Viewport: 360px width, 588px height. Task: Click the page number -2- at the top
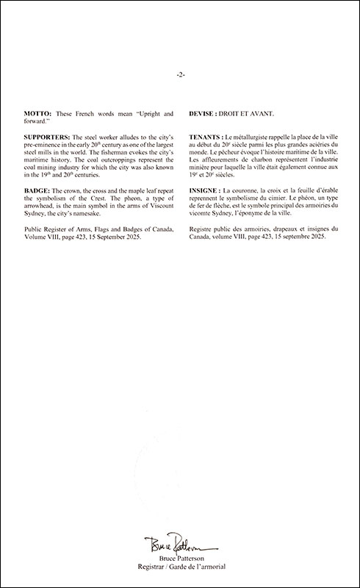click(x=180, y=75)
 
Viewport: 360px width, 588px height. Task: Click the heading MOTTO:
click(x=39, y=115)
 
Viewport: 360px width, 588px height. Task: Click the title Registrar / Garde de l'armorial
click(x=180, y=567)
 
